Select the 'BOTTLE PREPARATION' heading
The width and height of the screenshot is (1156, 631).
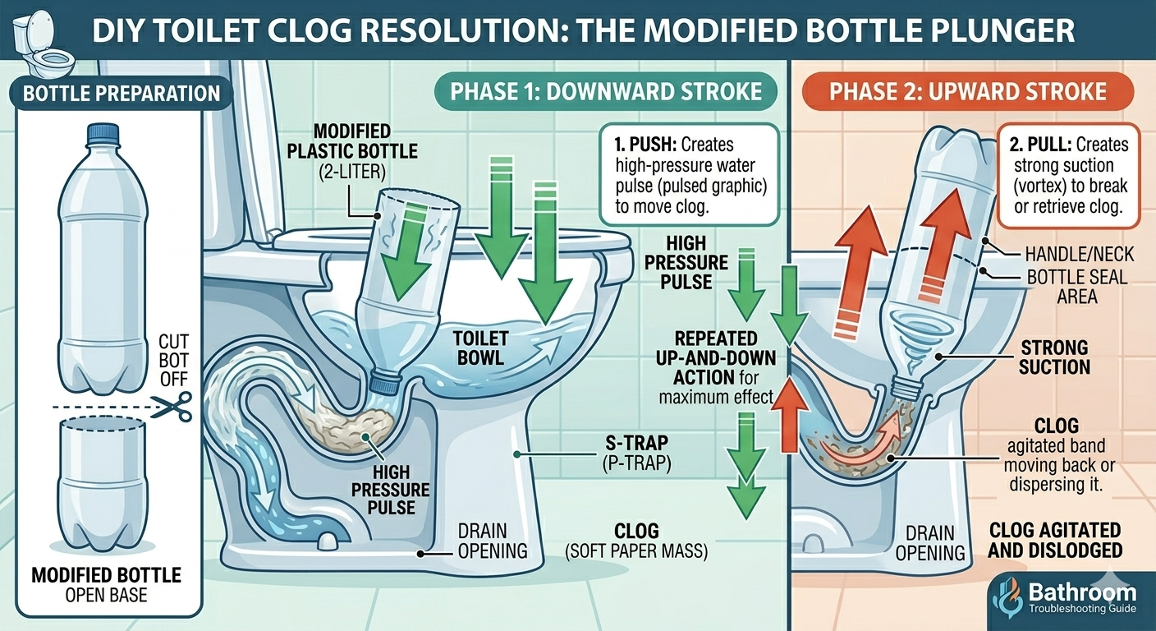[x=122, y=94]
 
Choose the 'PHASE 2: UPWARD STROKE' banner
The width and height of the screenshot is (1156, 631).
[x=968, y=90]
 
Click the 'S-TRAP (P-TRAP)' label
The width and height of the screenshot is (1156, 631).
[x=630, y=454]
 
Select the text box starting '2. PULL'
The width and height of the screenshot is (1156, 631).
[x=1068, y=175]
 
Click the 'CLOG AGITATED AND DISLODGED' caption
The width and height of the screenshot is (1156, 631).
[x=1054, y=540]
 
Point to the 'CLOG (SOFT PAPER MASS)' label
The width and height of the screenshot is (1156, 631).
[x=636, y=541]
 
